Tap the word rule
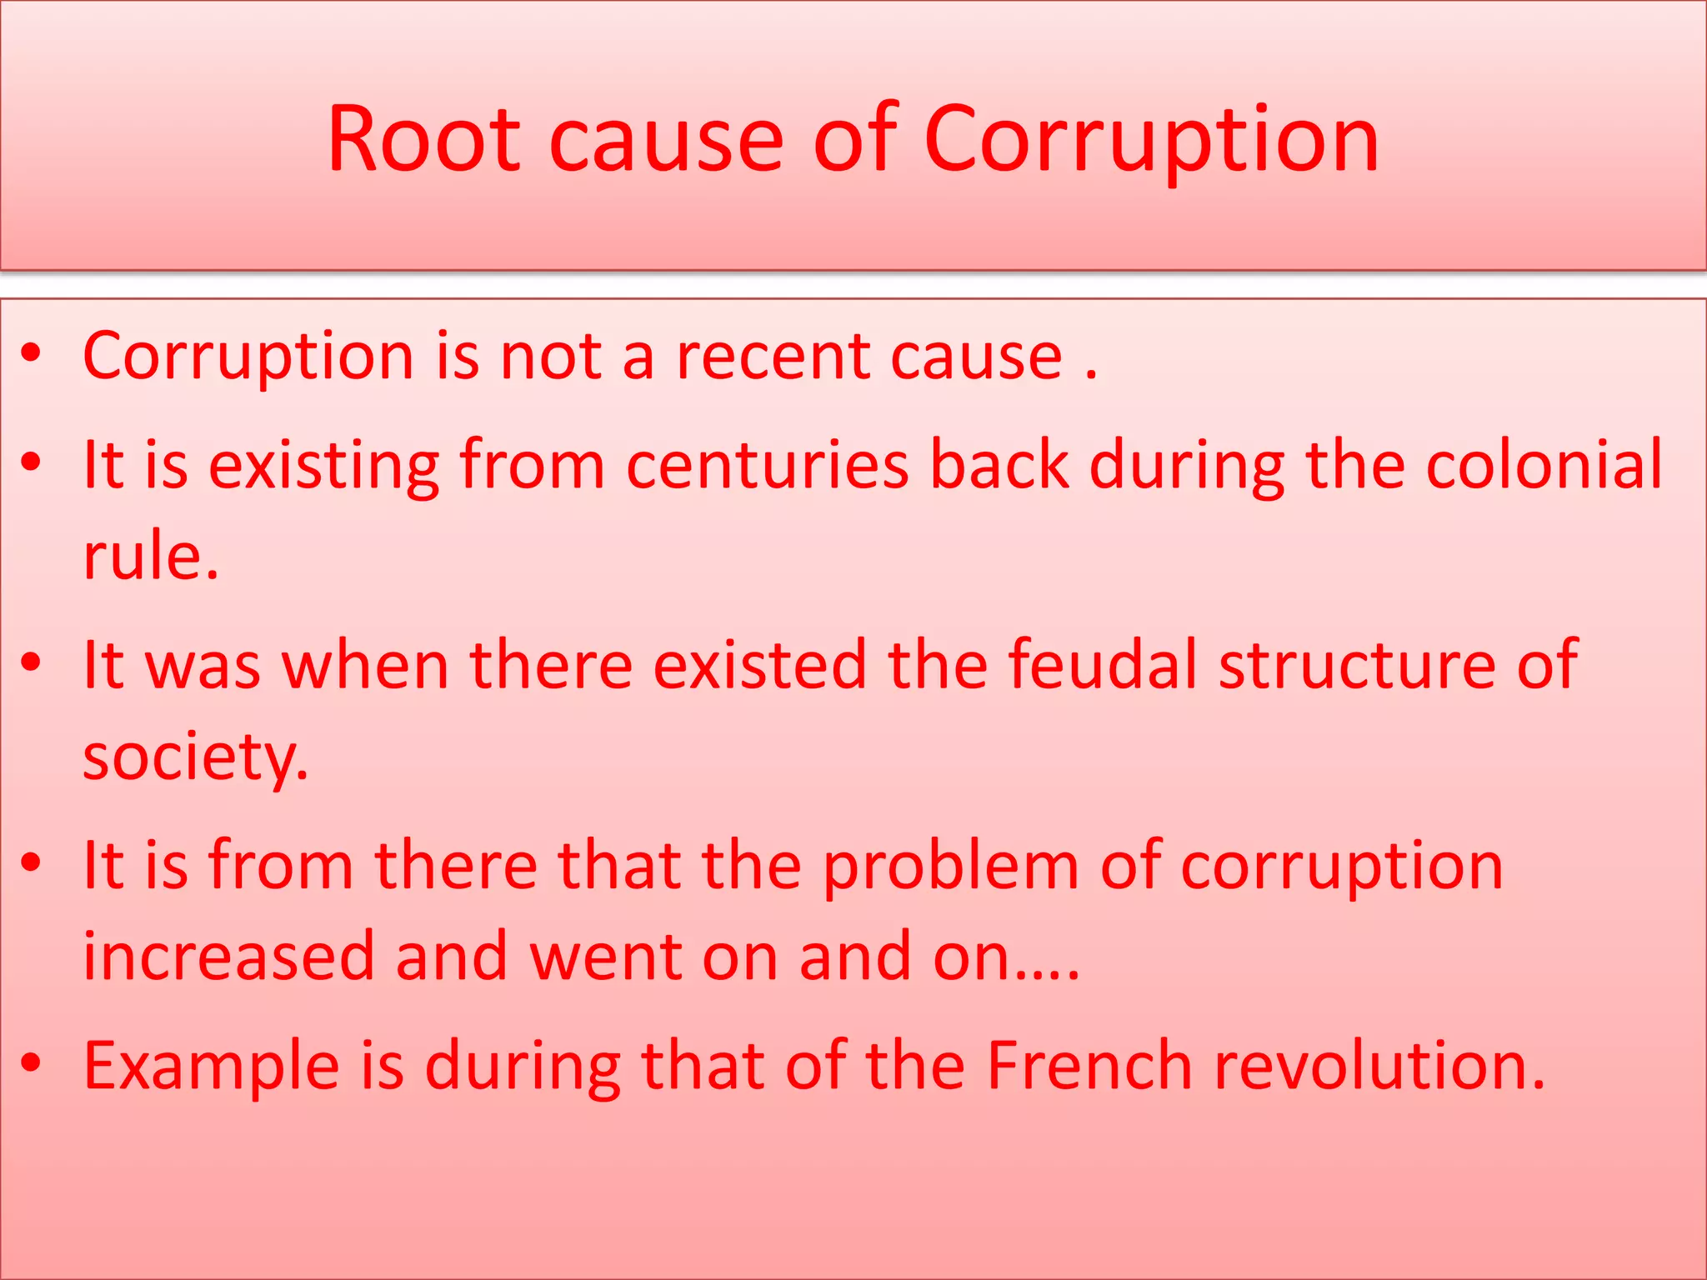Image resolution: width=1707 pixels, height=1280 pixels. point(150,556)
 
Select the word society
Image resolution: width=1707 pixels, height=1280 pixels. point(195,757)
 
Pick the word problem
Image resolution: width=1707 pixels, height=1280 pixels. point(951,866)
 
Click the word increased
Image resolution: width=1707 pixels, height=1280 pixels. point(228,957)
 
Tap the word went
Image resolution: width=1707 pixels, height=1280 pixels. point(605,957)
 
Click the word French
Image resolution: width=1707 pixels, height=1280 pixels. point(1089,1066)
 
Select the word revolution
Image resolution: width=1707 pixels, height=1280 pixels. point(1379,1066)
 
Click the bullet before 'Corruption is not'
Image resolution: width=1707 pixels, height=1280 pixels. point(32,353)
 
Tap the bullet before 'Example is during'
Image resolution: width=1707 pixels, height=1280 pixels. point(32,1062)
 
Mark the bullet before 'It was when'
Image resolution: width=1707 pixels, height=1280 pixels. point(32,662)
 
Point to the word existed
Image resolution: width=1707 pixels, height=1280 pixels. point(759,665)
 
